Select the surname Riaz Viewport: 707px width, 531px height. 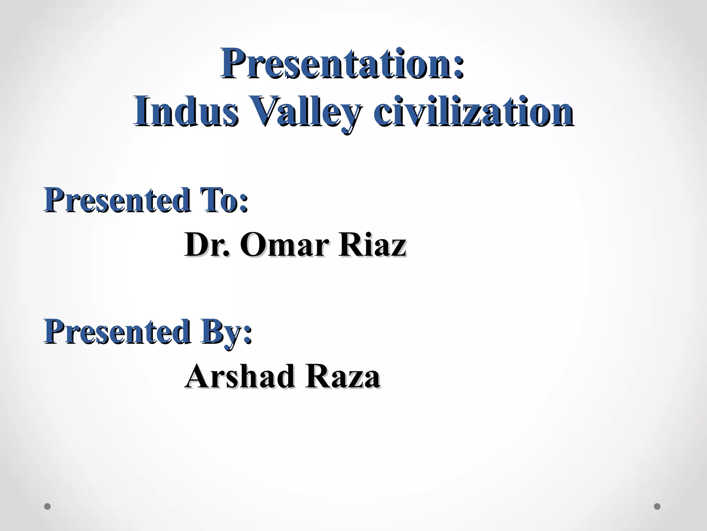pos(372,245)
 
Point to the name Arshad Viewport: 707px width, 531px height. pos(240,376)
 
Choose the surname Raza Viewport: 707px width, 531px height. pos(342,376)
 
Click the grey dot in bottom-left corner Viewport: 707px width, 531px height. pos(48,506)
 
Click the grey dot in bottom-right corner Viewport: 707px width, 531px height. pos(657,506)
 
